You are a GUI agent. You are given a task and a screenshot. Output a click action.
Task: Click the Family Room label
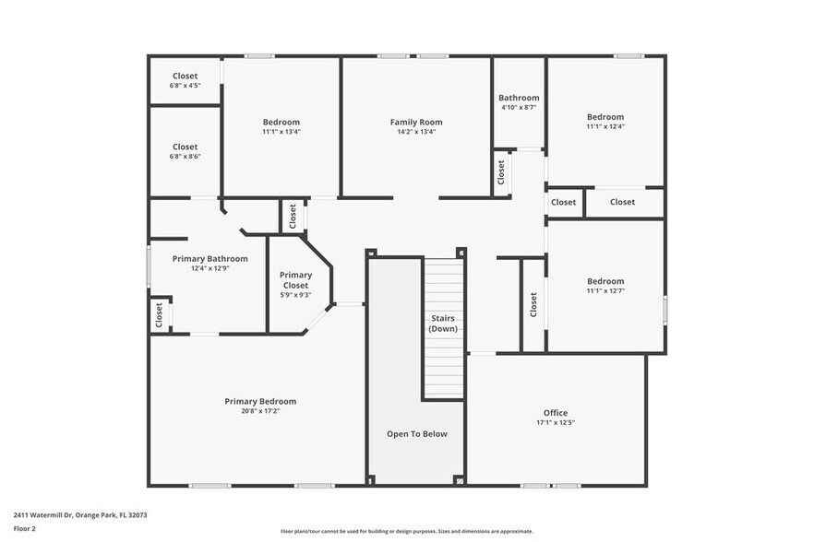click(415, 122)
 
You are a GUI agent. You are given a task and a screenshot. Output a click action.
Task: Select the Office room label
click(556, 412)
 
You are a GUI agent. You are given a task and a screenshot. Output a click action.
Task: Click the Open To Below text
click(416, 433)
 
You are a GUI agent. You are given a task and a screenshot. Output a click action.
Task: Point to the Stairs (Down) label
click(443, 324)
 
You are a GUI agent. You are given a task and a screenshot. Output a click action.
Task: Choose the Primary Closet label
click(295, 280)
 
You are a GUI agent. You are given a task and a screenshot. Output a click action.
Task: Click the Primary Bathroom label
click(209, 259)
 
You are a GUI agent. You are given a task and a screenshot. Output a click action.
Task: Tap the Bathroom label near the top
click(519, 98)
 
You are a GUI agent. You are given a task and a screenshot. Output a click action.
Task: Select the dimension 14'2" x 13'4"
click(415, 132)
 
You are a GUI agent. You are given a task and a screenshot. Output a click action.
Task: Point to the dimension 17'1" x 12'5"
click(556, 422)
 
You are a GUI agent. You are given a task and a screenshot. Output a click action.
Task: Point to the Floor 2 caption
click(25, 529)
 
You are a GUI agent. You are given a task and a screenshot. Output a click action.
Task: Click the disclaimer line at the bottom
click(406, 532)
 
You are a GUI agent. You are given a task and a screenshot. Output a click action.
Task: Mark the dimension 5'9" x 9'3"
click(295, 295)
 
